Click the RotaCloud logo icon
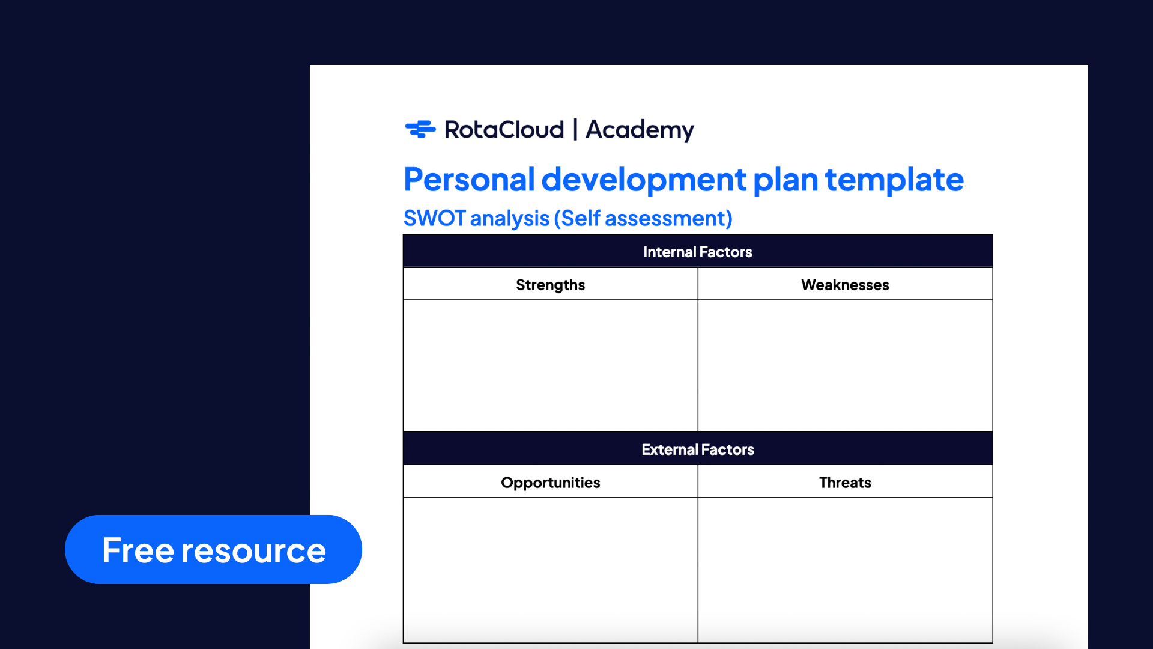click(420, 129)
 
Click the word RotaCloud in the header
click(504, 130)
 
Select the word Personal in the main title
click(469, 180)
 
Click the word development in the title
click(644, 180)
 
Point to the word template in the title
click(894, 180)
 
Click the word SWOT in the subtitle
click(434, 218)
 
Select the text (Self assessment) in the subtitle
click(643, 218)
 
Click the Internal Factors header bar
click(698, 251)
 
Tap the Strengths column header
click(551, 284)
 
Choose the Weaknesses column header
click(846, 284)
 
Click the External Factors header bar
click(698, 449)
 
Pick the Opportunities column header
click(551, 482)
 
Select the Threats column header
click(846, 482)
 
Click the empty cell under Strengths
click(551, 365)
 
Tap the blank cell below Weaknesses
click(846, 365)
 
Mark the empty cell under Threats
click(846, 570)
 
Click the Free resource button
click(213, 549)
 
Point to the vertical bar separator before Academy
click(575, 129)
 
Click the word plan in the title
click(785, 180)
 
